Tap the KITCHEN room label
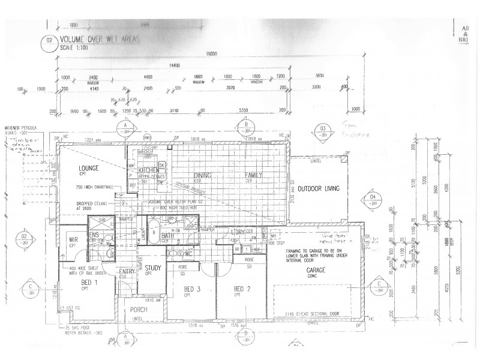tap(148, 170)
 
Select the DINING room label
tap(200, 175)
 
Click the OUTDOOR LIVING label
tap(319, 188)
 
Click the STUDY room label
tap(152, 268)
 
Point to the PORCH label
tap(138, 310)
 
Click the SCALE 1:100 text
tap(76, 48)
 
